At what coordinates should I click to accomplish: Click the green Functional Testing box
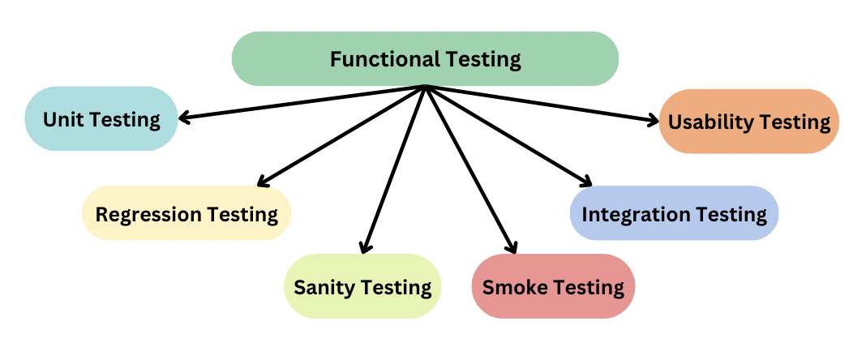425,58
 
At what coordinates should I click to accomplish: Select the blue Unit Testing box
101,119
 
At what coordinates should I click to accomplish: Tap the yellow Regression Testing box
186,214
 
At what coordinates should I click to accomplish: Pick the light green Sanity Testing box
362,286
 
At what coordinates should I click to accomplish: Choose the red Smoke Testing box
553,286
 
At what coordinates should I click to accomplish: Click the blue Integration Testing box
674,214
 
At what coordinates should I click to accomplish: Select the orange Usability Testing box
748,122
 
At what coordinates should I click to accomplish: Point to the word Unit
62,119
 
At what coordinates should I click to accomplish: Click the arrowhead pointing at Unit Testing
183,118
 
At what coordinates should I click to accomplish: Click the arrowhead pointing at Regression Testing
262,182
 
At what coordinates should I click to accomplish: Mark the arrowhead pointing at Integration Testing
588,182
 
